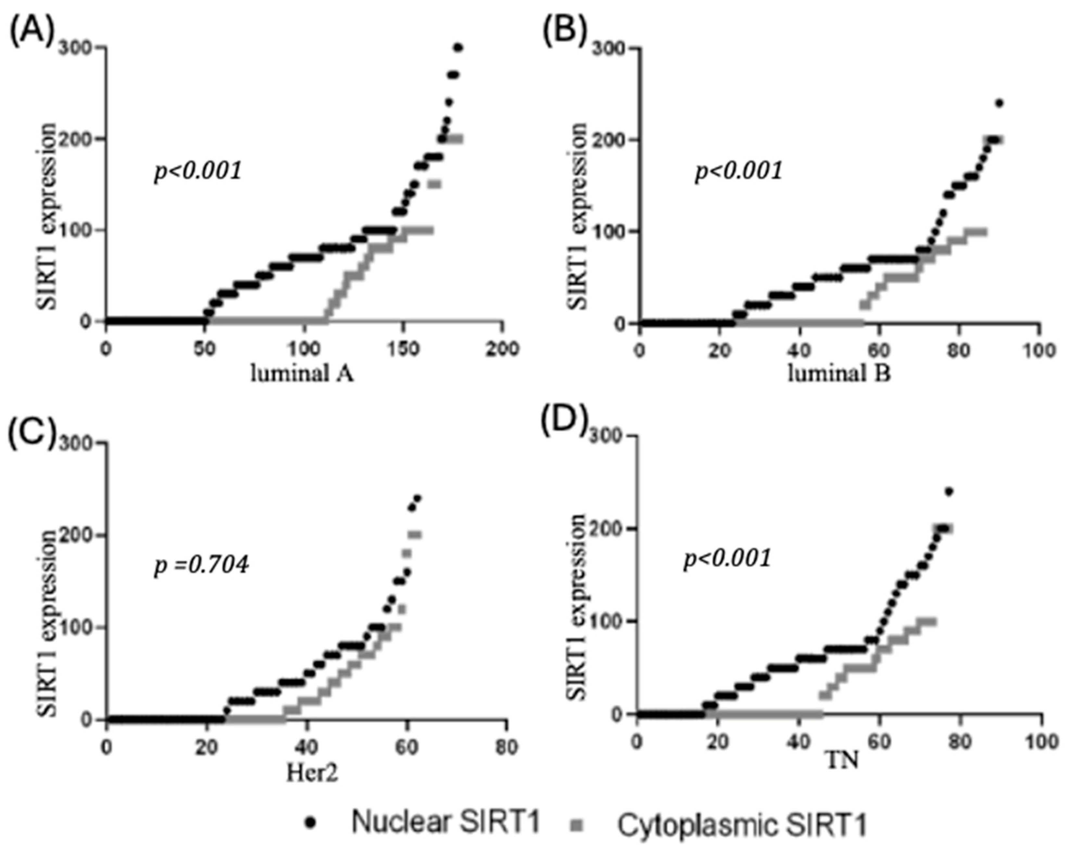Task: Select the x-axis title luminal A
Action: coord(302,374)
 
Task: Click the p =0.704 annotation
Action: coord(201,565)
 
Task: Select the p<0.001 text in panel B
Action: coord(739,171)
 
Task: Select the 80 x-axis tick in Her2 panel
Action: coord(506,747)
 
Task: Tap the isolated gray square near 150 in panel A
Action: coord(434,184)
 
